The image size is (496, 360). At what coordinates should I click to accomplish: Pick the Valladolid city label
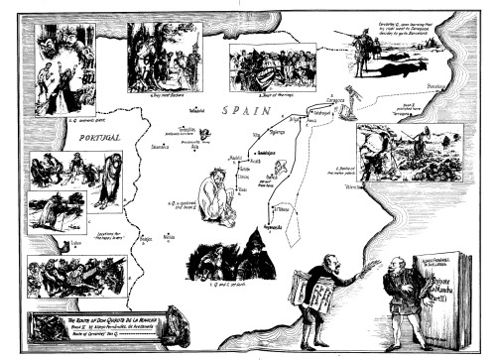point(196,110)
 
